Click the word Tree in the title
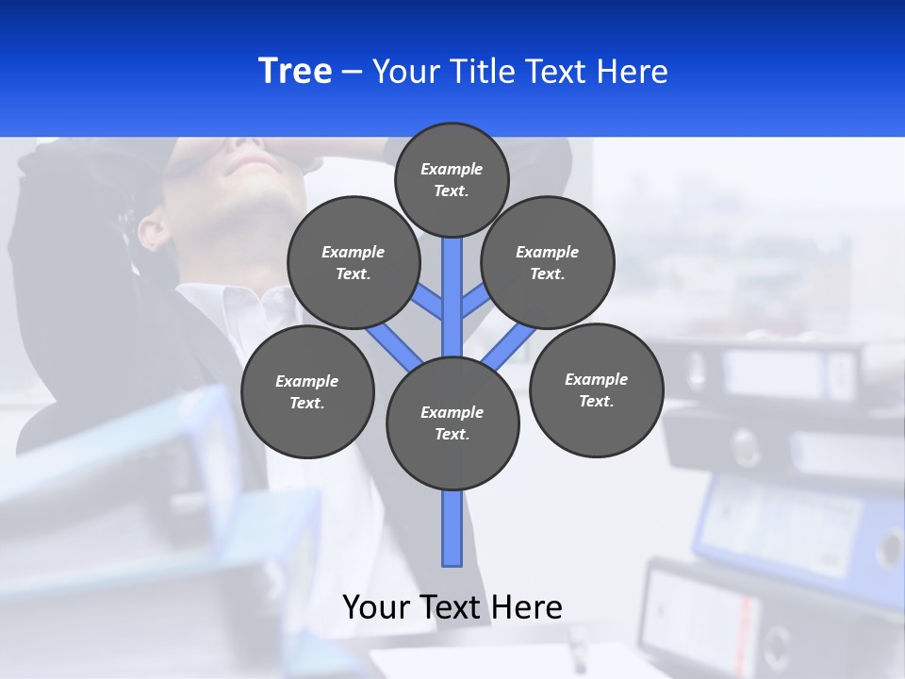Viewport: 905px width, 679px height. tap(294, 72)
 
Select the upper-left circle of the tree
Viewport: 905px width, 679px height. tap(353, 262)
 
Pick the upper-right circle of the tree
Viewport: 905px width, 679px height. tap(547, 262)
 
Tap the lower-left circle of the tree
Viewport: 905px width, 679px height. tap(307, 391)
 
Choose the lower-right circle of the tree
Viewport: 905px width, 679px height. tap(596, 389)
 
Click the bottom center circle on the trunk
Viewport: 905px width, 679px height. tap(452, 422)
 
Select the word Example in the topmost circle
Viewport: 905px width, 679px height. tap(451, 169)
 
